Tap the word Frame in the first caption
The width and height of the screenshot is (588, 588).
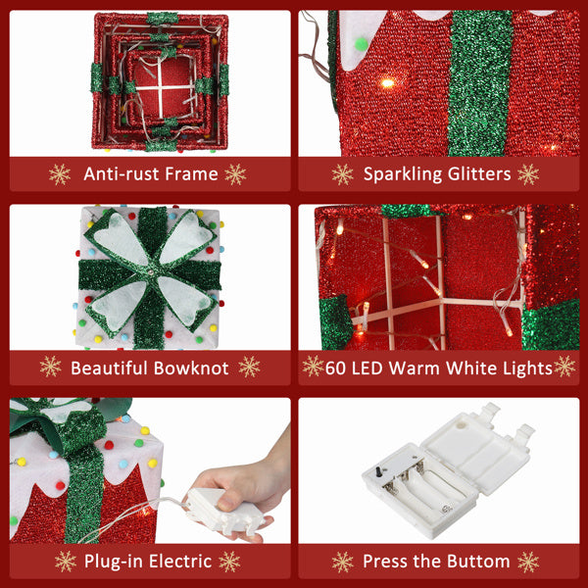(x=191, y=174)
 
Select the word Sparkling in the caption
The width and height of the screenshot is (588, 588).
(x=401, y=174)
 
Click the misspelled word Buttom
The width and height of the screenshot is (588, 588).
(x=477, y=562)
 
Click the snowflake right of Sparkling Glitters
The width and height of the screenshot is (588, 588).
(x=528, y=174)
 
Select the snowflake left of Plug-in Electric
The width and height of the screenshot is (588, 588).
(x=66, y=562)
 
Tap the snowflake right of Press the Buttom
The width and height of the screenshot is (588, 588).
(x=528, y=562)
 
